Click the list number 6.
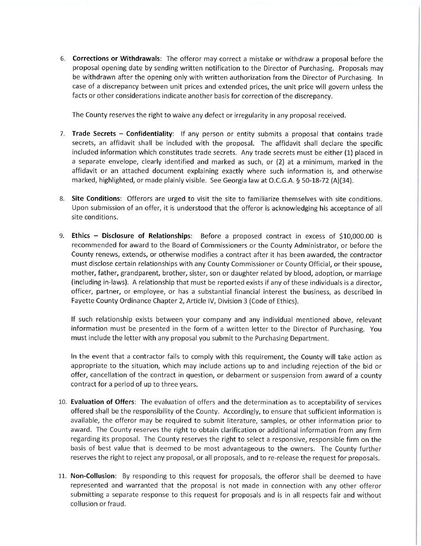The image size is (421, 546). point(63,59)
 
